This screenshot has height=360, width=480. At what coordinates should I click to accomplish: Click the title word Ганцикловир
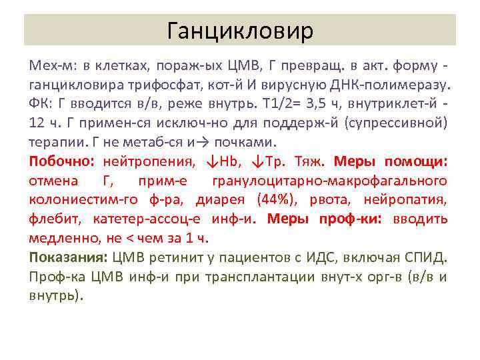pos(240,30)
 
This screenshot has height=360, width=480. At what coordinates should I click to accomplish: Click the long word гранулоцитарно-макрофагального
pos(329,181)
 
